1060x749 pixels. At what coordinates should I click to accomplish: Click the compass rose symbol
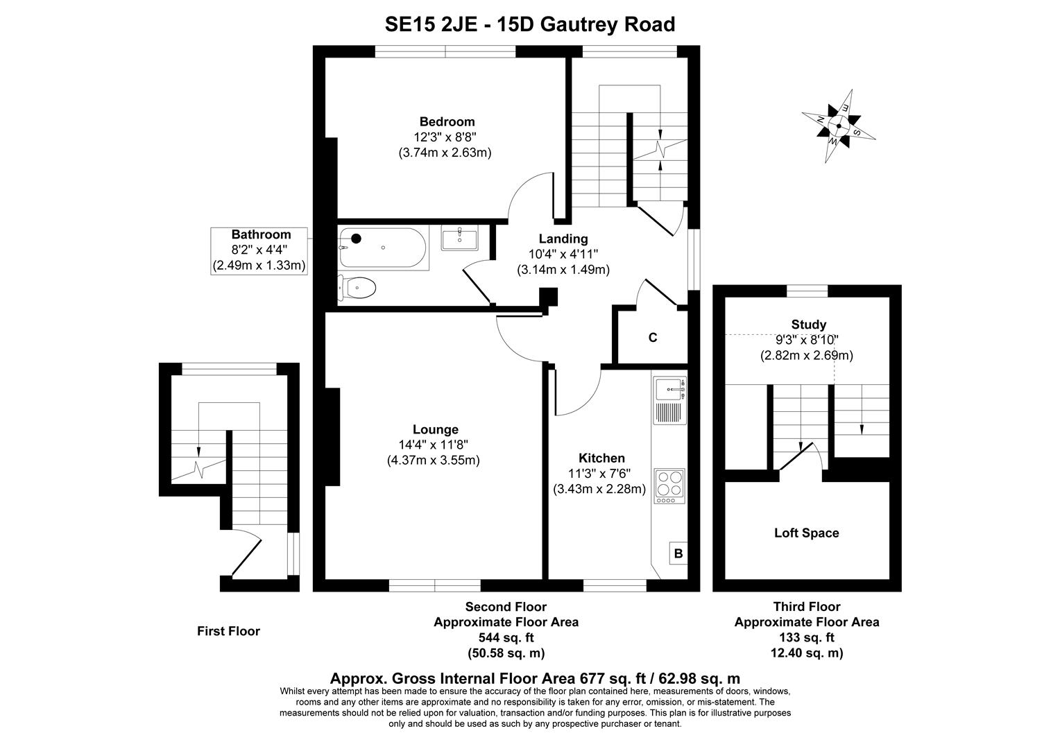[x=839, y=126]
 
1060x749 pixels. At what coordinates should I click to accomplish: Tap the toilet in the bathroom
[x=357, y=287]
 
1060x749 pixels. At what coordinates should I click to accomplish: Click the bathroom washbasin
[x=459, y=238]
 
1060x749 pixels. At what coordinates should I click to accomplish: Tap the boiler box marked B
[x=678, y=553]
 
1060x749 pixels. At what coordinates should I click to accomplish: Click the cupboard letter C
[x=653, y=338]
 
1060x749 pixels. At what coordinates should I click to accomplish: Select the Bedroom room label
[x=447, y=121]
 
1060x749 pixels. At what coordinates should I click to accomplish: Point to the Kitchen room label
[x=601, y=458]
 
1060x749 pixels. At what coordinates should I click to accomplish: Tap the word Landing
[x=563, y=239]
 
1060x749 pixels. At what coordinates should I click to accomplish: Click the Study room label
[x=809, y=325]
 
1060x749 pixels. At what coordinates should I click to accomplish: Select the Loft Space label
[x=807, y=533]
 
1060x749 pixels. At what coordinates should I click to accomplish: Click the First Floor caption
[x=228, y=631]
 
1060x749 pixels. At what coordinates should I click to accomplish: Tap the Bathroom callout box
[x=260, y=250]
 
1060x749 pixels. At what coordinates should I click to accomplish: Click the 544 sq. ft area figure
[x=506, y=637]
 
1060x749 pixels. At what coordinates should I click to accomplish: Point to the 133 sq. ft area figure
[x=807, y=637]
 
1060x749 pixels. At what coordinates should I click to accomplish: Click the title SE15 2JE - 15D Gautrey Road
[x=530, y=25]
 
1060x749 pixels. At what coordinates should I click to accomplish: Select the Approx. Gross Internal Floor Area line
[x=535, y=678]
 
